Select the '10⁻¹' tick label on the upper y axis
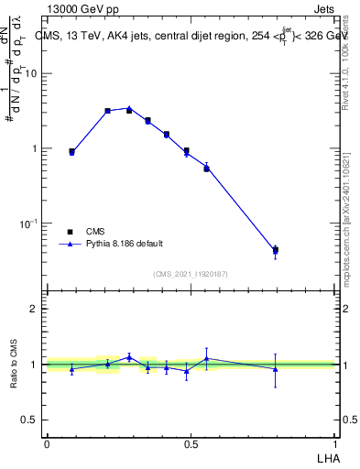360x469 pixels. click(x=31, y=224)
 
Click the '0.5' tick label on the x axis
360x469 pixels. click(x=191, y=443)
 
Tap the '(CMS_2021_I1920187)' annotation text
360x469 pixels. click(x=190, y=274)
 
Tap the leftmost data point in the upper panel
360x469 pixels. click(x=71, y=152)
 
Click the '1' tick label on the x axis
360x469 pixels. click(x=334, y=443)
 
